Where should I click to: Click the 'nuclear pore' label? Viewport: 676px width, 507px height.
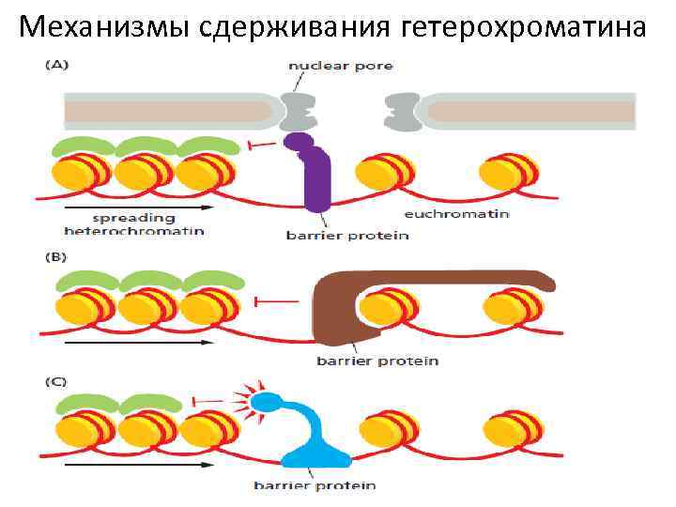tap(341, 66)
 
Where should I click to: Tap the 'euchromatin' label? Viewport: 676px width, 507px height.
tap(457, 214)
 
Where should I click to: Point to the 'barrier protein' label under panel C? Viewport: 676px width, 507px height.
tap(315, 485)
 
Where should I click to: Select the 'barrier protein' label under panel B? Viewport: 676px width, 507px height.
tap(377, 361)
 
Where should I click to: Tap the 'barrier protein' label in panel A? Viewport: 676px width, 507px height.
tap(346, 235)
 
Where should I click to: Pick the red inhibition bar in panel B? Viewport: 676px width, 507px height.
tap(275, 301)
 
